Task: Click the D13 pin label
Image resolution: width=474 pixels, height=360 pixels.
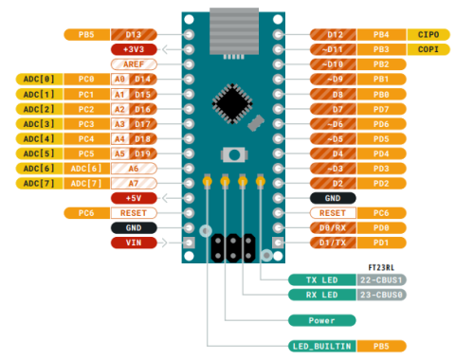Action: click(134, 34)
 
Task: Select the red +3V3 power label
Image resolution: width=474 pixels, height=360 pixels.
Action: click(134, 48)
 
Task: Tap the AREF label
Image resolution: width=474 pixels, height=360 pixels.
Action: click(134, 63)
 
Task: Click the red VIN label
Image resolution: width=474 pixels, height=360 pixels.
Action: click(134, 243)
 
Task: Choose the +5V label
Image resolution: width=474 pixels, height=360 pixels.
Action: click(134, 197)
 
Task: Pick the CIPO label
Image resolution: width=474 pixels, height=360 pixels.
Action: click(428, 34)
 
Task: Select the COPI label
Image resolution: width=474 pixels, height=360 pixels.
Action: click(428, 48)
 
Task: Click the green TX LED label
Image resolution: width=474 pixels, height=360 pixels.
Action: click(322, 279)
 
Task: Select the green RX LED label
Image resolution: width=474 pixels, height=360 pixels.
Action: click(322, 294)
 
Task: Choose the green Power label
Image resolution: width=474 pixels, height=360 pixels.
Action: click(322, 320)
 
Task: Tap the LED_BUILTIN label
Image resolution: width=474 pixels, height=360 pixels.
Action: click(322, 346)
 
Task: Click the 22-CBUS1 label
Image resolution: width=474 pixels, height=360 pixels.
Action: click(382, 279)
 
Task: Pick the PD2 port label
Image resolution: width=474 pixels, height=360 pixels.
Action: click(382, 183)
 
